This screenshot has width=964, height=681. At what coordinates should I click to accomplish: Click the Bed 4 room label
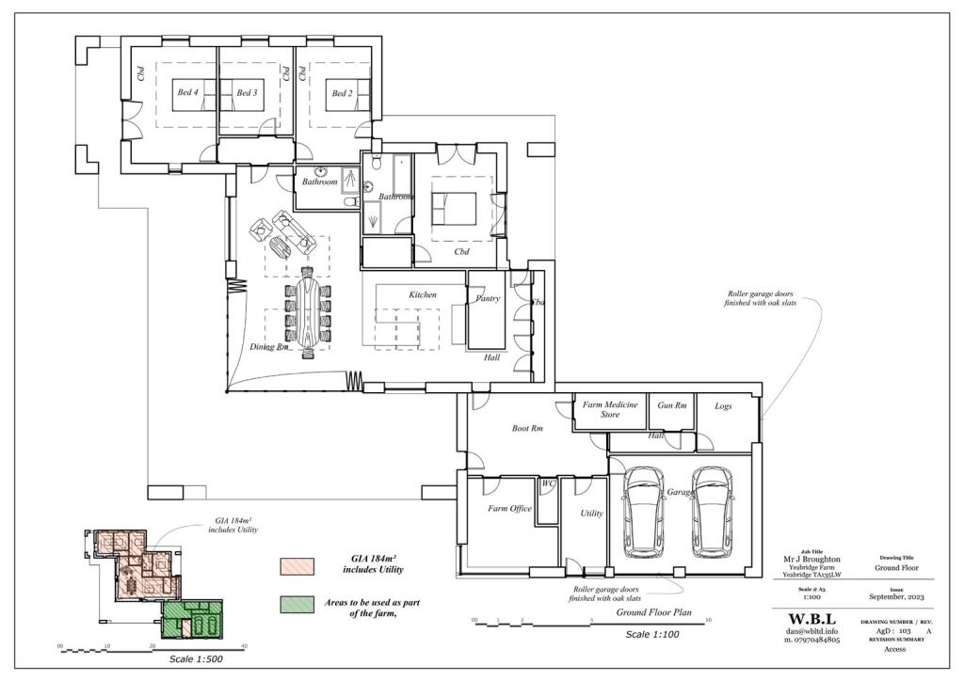click(187, 92)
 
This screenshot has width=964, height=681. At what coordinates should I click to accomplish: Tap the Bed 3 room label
click(247, 92)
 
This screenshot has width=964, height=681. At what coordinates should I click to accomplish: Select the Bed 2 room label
click(340, 93)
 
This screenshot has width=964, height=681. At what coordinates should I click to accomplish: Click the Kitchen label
click(423, 294)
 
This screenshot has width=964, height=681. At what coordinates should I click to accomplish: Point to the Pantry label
click(488, 298)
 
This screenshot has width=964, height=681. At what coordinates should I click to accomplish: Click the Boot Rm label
click(526, 428)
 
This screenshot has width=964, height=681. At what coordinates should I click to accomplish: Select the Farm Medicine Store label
click(610, 409)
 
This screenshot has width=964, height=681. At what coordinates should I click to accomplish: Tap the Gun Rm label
click(672, 404)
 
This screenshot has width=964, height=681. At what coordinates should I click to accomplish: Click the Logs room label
click(723, 404)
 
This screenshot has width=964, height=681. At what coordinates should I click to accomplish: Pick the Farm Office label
click(509, 509)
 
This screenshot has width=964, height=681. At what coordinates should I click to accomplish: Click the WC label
click(547, 484)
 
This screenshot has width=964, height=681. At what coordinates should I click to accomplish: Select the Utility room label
click(591, 514)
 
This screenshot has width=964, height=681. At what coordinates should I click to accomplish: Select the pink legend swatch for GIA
click(293, 566)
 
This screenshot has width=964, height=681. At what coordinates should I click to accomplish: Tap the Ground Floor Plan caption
click(655, 612)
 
